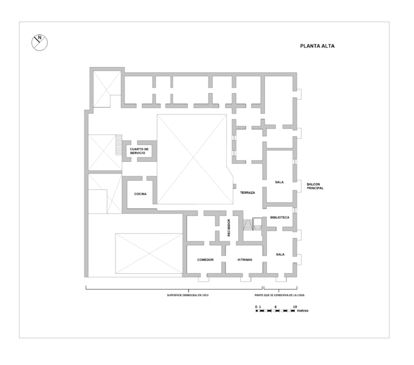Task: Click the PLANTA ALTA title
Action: (317, 46)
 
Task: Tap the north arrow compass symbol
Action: (40, 43)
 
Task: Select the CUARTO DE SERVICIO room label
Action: (139, 151)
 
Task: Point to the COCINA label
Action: (140, 194)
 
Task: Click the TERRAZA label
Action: (247, 193)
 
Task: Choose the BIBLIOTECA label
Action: (280, 217)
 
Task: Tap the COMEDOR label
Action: (205, 260)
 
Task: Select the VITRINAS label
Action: (244, 260)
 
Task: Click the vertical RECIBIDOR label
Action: (229, 228)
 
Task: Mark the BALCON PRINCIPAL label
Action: (315, 186)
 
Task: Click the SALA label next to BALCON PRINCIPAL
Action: (279, 182)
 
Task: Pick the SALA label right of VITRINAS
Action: (280, 254)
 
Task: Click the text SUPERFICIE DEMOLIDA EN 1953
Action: (187, 295)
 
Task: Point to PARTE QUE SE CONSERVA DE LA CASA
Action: (280, 295)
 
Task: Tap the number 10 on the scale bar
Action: (294, 307)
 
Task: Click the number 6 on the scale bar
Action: (275, 307)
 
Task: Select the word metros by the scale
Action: (303, 310)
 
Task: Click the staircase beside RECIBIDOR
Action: (247, 224)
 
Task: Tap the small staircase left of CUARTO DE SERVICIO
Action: (119, 145)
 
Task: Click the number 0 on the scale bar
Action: (256, 307)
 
